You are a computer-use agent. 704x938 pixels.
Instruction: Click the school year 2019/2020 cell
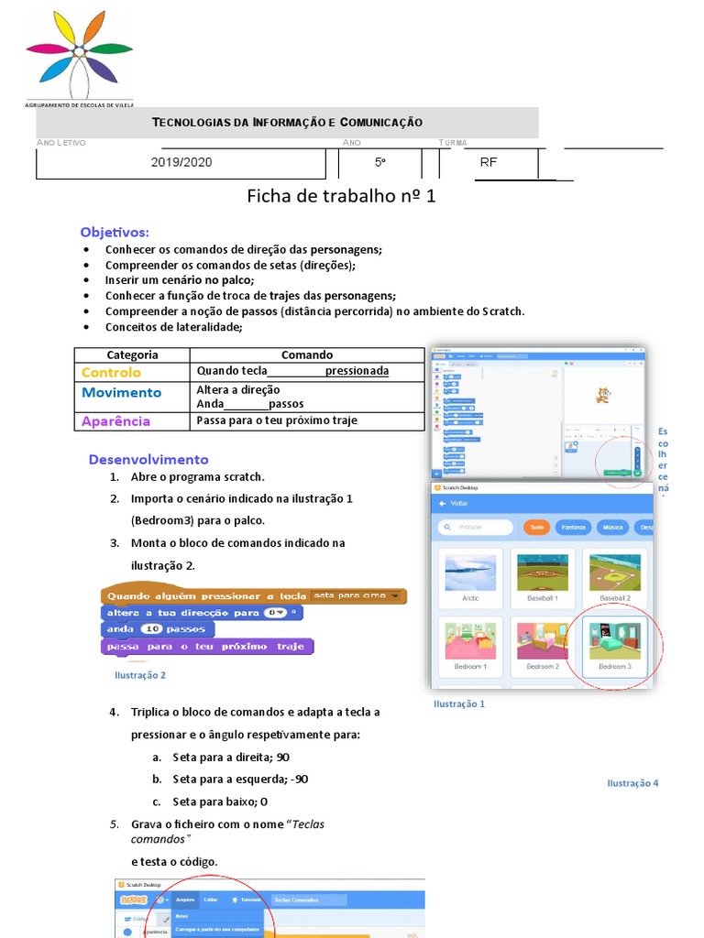tap(181, 162)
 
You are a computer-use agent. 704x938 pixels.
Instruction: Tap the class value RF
tap(489, 162)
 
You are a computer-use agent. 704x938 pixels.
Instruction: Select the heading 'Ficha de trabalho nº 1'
tap(342, 197)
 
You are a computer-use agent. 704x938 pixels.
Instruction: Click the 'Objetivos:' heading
tap(115, 233)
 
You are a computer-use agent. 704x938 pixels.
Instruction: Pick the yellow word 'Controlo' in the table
tap(111, 372)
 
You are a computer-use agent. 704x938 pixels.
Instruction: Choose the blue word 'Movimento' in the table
tap(121, 392)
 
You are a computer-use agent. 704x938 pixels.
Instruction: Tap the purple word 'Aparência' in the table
tap(115, 421)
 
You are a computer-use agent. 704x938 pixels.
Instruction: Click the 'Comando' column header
tap(307, 354)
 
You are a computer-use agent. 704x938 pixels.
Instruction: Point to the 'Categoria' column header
tap(132, 354)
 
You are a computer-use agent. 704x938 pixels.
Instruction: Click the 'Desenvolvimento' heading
tap(148, 459)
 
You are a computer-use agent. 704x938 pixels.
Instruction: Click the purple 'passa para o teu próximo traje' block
tap(206, 646)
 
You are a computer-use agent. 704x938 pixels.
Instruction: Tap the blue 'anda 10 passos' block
tap(157, 629)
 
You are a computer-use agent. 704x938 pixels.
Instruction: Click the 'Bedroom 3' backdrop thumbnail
tap(615, 643)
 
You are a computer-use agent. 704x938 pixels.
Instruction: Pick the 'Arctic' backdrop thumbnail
tap(470, 577)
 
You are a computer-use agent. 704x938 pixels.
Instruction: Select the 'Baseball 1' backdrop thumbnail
tap(543, 577)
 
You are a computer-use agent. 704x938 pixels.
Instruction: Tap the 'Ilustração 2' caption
tap(140, 675)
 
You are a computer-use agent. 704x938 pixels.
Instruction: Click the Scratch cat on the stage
tap(602, 395)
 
